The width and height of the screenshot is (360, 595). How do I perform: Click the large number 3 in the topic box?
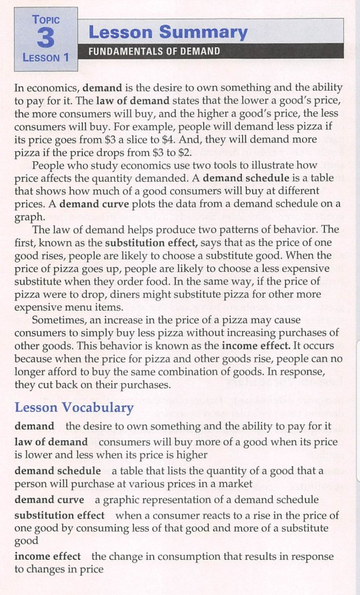45,37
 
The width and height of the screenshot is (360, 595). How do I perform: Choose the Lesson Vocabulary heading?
73,407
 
